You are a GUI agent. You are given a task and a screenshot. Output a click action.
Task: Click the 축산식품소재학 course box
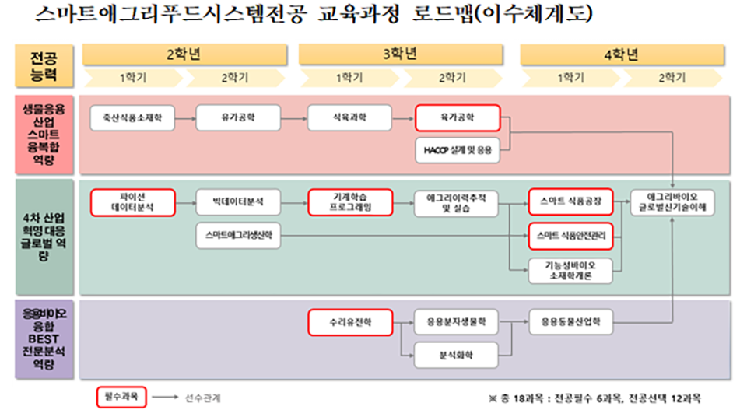pyautogui.click(x=128, y=118)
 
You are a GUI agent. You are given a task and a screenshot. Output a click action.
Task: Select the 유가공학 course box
pyautogui.click(x=237, y=118)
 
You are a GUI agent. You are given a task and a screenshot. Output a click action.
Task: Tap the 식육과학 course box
pyautogui.click(x=349, y=118)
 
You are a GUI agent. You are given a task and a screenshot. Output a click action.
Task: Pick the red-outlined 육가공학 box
pyautogui.click(x=456, y=118)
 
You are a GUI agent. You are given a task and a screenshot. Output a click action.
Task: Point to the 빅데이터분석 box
pyautogui.click(x=237, y=202)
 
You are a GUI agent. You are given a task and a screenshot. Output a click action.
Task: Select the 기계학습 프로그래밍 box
pyautogui.click(x=349, y=202)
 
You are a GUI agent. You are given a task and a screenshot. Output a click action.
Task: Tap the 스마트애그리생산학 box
pyautogui.click(x=237, y=234)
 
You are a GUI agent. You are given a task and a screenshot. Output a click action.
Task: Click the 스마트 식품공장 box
pyautogui.click(x=570, y=202)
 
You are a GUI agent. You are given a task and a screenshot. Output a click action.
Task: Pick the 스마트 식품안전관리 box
pyautogui.click(x=570, y=234)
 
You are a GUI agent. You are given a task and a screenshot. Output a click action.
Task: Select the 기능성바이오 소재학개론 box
pyautogui.click(x=570, y=269)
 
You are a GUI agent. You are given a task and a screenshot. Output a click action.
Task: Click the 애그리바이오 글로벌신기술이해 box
pyautogui.click(x=672, y=202)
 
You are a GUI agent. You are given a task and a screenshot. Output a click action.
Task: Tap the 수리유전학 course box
pyautogui.click(x=349, y=322)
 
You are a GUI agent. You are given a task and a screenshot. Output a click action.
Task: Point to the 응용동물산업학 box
pyautogui.click(x=570, y=322)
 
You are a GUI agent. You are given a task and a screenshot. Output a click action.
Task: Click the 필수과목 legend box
pyautogui.click(x=121, y=398)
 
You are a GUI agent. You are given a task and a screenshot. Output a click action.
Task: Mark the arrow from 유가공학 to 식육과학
pyautogui.click(x=293, y=118)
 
